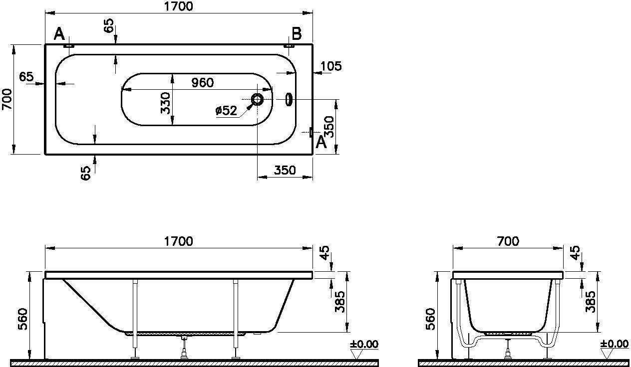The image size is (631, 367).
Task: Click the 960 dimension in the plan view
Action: point(203,82)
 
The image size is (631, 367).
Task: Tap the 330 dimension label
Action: point(165,103)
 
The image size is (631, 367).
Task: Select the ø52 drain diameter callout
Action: point(226,110)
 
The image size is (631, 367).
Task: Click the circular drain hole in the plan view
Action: point(257,99)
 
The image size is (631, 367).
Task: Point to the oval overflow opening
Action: point(289,100)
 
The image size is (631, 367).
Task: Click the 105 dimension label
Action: point(331,66)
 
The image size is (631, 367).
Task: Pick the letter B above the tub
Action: point(297,34)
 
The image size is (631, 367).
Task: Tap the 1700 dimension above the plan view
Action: point(179,6)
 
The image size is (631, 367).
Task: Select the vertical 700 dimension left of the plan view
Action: point(7,99)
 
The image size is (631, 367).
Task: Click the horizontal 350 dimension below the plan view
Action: point(285,170)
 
